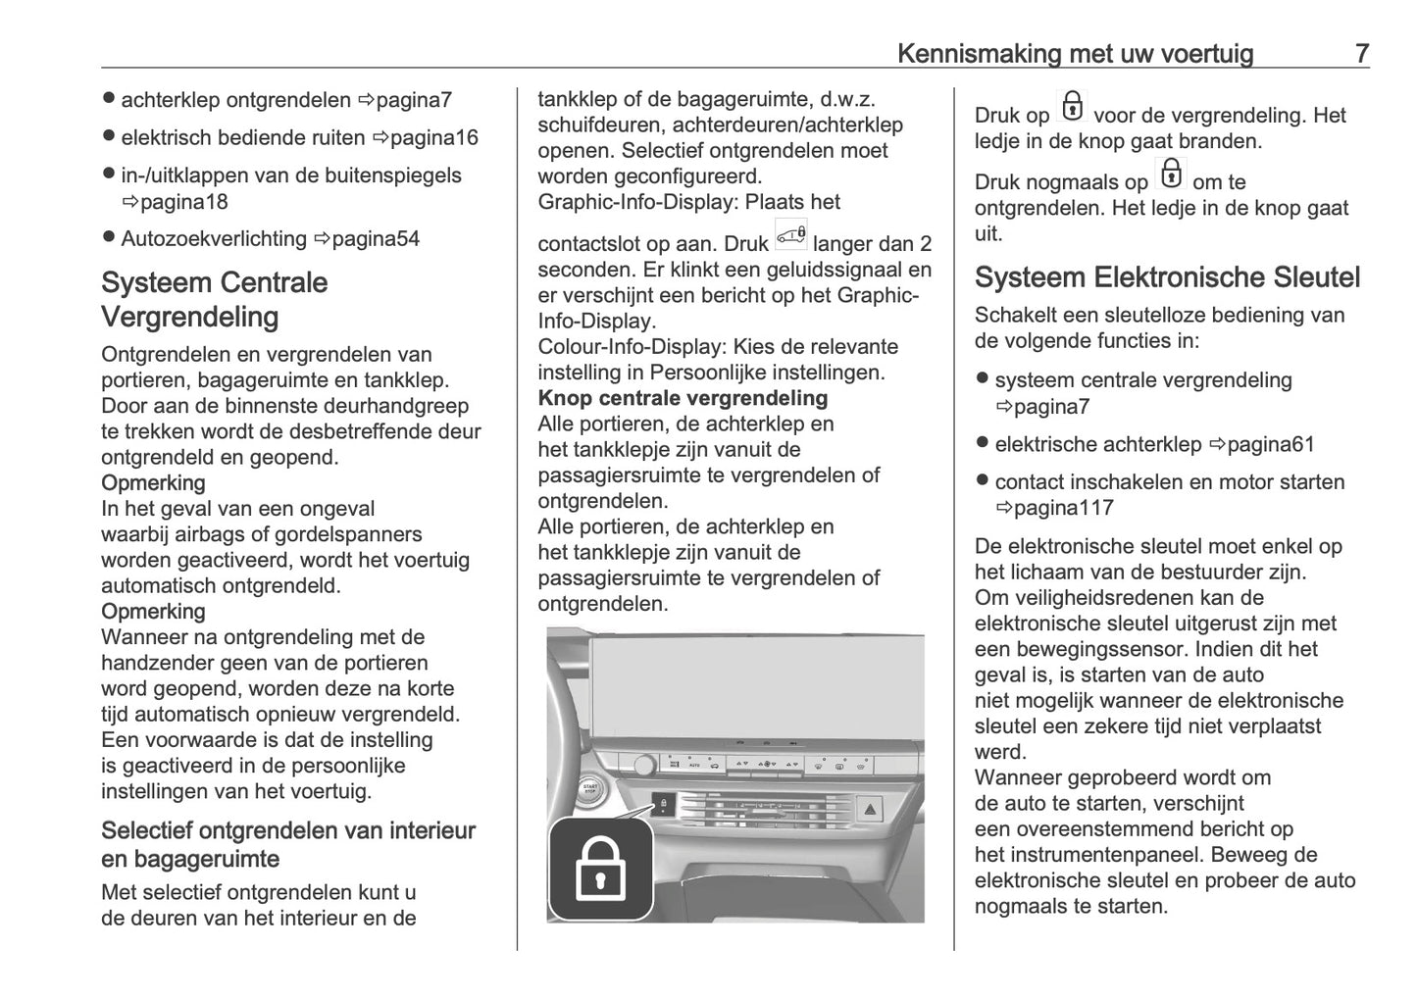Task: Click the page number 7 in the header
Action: point(1361,53)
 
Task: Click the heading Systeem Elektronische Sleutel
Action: point(1167,277)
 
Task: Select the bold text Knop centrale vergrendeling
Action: point(683,398)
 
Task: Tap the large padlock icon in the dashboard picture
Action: point(600,868)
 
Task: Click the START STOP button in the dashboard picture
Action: point(590,789)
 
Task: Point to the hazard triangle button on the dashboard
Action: point(871,810)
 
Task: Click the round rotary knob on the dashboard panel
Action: point(644,766)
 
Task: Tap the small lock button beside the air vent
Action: point(663,804)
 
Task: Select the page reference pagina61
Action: point(1270,444)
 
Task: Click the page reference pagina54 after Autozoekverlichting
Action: point(376,239)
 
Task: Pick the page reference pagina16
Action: point(433,137)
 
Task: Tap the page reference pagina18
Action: point(183,202)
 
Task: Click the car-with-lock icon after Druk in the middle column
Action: point(790,235)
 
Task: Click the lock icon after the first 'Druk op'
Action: point(1072,107)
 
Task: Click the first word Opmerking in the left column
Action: point(153,483)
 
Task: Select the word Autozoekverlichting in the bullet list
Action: point(214,239)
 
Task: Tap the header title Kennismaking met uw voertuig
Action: point(1075,53)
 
